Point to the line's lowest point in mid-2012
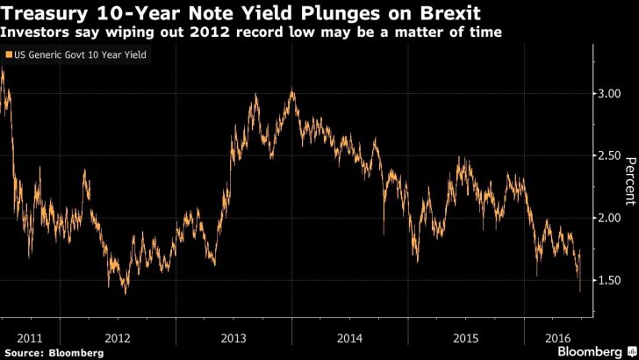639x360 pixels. [x=125, y=293]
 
